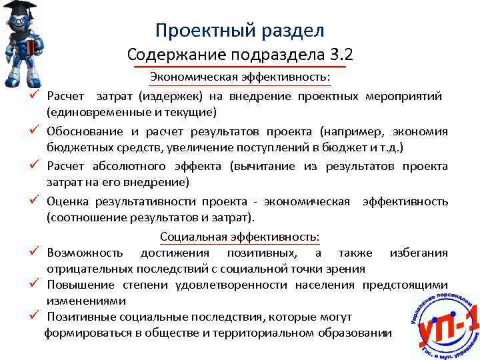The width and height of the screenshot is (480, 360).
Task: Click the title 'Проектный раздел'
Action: [x=239, y=30]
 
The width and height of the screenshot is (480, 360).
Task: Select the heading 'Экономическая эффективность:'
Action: [x=239, y=79]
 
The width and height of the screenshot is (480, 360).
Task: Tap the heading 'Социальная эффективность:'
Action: [x=239, y=237]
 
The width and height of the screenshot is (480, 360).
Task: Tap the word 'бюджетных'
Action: [x=73, y=146]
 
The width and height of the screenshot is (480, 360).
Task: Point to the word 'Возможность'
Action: [x=85, y=253]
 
